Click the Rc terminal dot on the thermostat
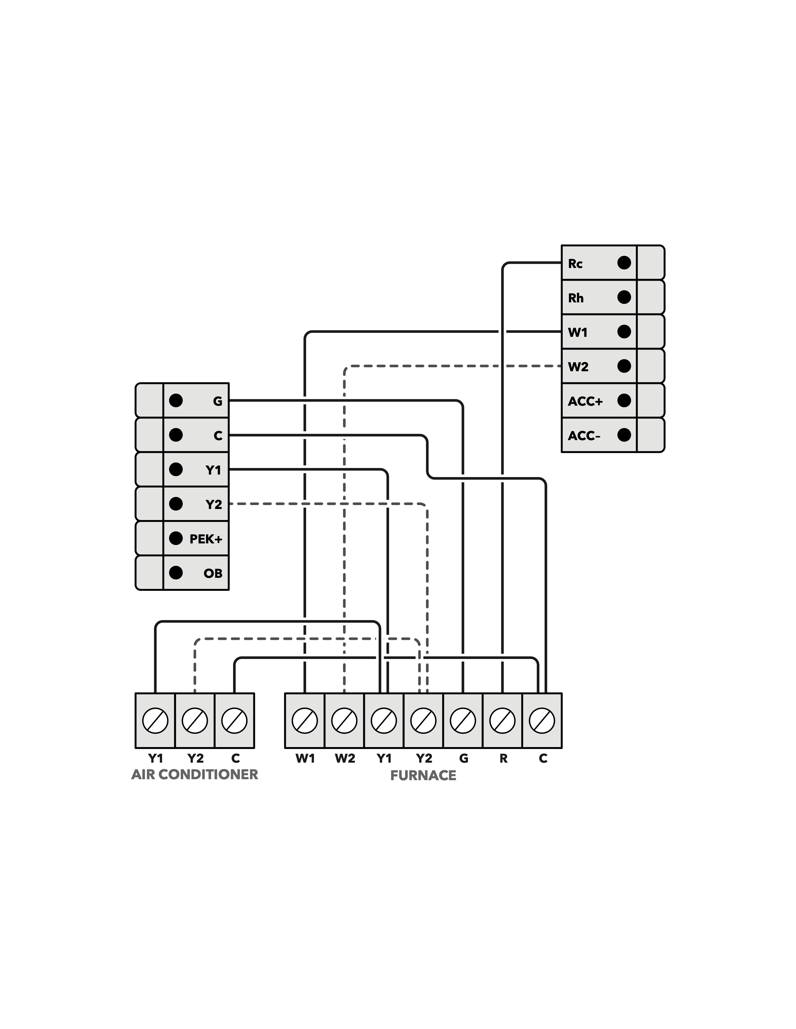point(624,263)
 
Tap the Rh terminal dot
point(624,297)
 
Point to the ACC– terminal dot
point(624,435)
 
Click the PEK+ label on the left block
point(206,539)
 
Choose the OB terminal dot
point(176,573)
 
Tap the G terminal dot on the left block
point(176,400)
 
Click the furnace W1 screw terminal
point(305,721)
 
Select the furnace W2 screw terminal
point(344,721)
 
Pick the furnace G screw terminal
point(463,721)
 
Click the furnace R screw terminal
point(503,721)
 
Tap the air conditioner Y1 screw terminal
point(155,721)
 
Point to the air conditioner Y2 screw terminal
point(195,721)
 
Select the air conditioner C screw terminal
point(234,721)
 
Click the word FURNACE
point(423,776)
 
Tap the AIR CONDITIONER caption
point(195,775)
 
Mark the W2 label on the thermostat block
point(578,367)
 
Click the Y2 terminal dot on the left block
point(176,504)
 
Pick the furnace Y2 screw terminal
point(423,721)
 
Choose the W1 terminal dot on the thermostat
point(624,332)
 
